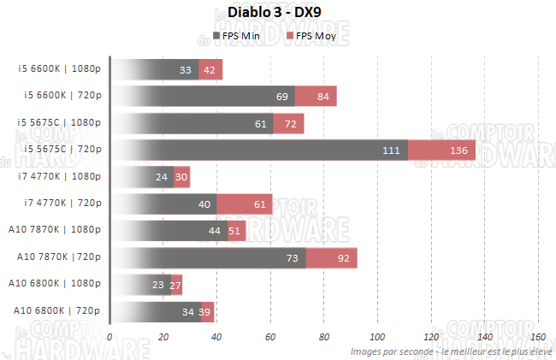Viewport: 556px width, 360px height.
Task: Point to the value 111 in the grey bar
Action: tap(392, 150)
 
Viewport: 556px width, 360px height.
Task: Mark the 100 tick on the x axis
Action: tap(378, 337)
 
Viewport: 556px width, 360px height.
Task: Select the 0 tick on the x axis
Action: tap(109, 337)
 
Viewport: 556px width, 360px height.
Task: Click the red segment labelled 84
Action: tap(322, 97)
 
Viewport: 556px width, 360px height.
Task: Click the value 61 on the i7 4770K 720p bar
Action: tap(260, 204)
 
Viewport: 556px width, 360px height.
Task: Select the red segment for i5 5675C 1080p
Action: tap(291, 124)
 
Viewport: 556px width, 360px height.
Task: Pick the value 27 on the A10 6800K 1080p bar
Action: tap(177, 284)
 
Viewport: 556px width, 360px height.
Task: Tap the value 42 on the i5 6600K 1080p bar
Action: tap(210, 70)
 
